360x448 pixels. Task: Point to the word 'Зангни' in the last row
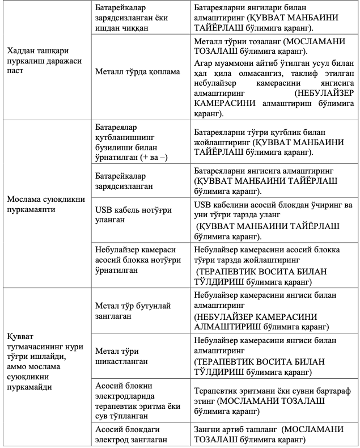point(206,429)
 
